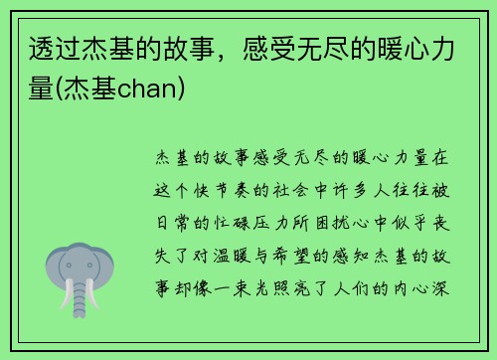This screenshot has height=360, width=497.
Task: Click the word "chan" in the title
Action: click(143, 91)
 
